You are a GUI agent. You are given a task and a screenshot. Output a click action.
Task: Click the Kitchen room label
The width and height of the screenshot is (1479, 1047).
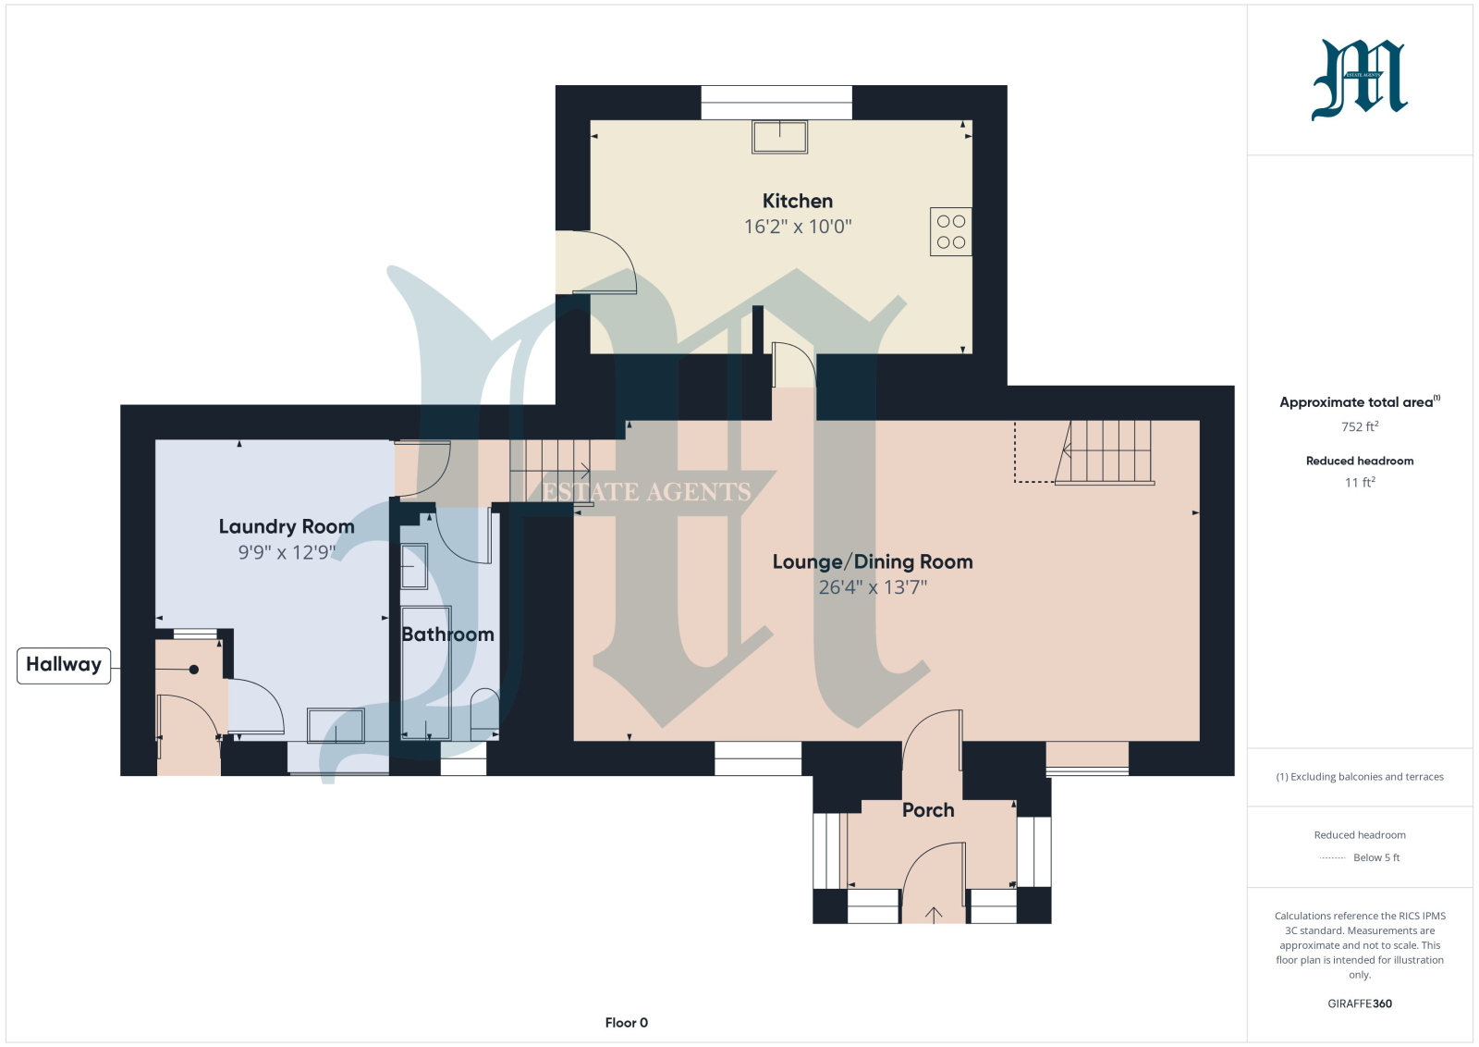click(798, 201)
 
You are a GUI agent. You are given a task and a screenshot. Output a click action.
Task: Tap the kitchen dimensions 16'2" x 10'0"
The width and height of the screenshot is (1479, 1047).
click(798, 227)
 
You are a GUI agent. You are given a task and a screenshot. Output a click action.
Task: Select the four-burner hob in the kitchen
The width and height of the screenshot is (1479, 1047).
click(951, 232)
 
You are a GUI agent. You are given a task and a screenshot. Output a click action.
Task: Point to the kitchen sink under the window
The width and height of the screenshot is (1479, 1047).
click(780, 137)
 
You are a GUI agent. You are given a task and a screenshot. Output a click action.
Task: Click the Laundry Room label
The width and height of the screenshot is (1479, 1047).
click(287, 526)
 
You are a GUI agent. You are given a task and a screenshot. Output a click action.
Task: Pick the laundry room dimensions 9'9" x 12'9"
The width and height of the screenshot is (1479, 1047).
click(287, 552)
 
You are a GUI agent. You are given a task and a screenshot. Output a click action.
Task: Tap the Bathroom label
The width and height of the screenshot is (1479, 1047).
click(447, 634)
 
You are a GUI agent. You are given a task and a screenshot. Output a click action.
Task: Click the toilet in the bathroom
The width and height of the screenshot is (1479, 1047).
click(484, 714)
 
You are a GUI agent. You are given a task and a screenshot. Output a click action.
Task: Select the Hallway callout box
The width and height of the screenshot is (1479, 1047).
click(64, 665)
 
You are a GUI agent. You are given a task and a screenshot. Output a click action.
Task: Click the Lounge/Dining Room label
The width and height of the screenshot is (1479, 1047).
click(873, 562)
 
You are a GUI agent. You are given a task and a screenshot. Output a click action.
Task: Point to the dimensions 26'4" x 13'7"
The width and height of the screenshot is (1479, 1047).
click(873, 587)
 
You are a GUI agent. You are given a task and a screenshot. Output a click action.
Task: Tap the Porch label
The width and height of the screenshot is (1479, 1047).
click(928, 810)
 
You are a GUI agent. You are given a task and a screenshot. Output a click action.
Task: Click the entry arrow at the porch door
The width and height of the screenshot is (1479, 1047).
click(934, 915)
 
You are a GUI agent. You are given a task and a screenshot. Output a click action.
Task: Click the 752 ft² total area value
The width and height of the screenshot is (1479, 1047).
click(1360, 426)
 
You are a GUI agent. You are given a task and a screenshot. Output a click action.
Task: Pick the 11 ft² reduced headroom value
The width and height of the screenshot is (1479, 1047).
click(1360, 482)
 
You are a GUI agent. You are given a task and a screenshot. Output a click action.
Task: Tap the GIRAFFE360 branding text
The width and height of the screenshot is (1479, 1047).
click(1360, 1004)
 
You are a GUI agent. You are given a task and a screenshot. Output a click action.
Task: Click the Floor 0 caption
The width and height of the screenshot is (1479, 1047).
click(627, 1023)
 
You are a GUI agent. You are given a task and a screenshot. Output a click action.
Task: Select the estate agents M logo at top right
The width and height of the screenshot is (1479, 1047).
click(1360, 80)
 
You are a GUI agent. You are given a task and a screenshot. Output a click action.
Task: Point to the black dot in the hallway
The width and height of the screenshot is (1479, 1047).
click(193, 670)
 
